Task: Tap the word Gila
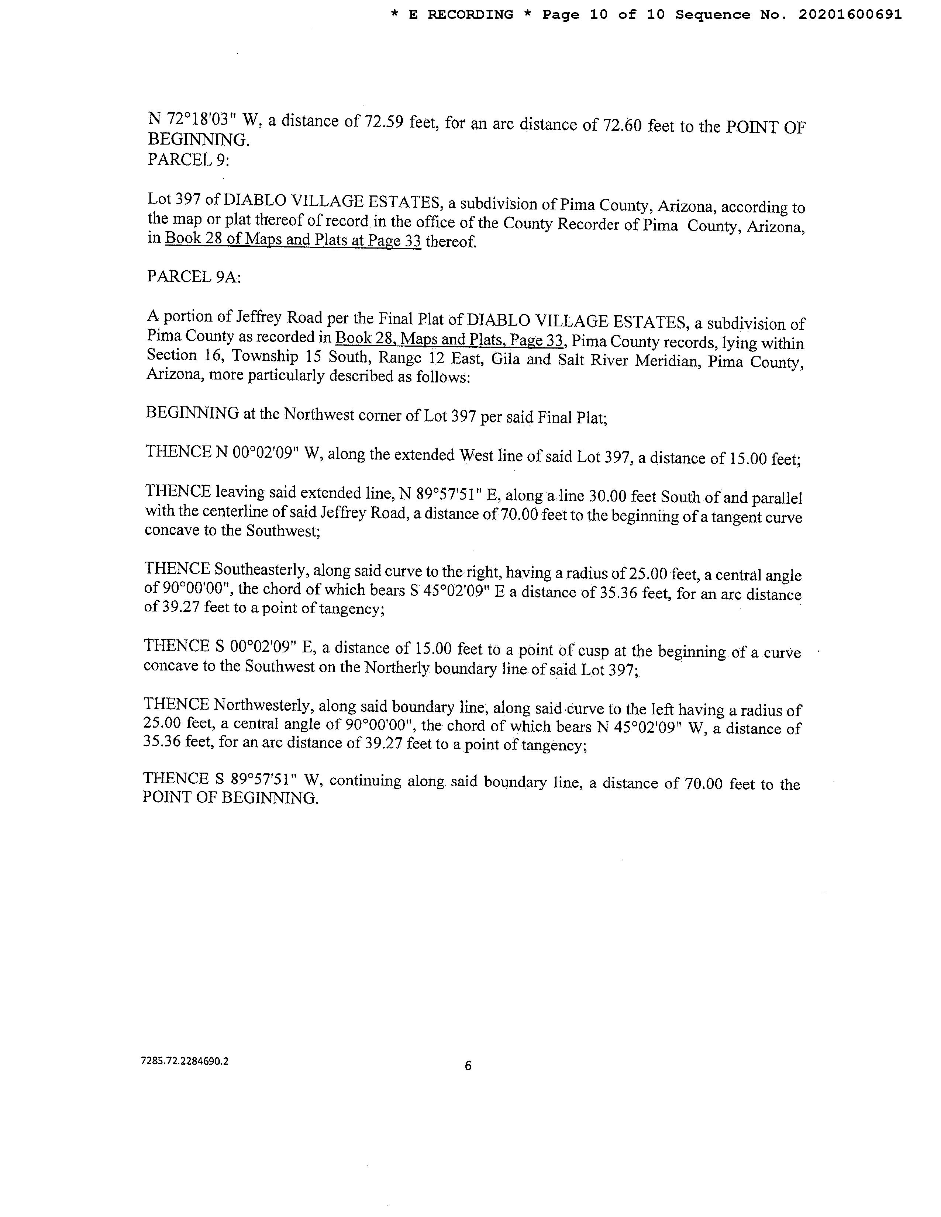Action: [x=505, y=358]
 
